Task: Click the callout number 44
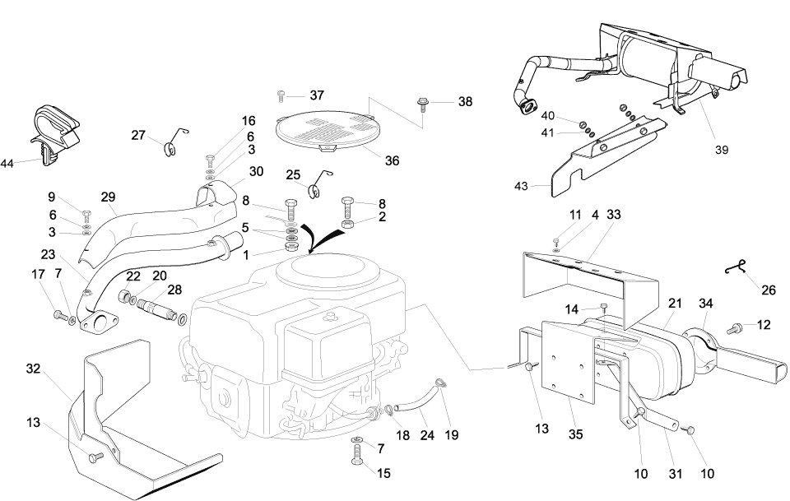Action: (7, 164)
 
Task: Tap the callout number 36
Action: (392, 160)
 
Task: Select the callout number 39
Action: (722, 150)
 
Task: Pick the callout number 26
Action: (769, 290)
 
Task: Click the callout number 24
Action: (427, 434)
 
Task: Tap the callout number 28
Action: (174, 289)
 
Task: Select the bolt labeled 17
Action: (58, 313)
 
